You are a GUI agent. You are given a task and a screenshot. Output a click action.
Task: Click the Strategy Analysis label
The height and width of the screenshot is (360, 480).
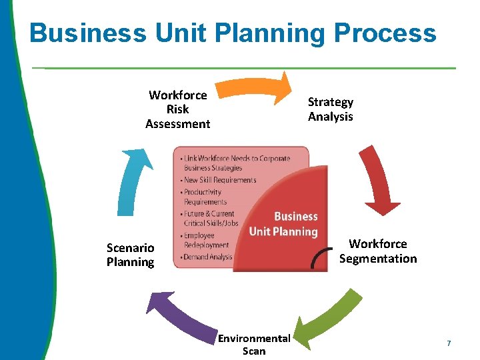[x=331, y=109]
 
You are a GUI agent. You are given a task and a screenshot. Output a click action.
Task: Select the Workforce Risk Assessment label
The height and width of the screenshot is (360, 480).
[x=178, y=109]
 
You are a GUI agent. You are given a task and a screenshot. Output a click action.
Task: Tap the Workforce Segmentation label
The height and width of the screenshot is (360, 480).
[x=378, y=251]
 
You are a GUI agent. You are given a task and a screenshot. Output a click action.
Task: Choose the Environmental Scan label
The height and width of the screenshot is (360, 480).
[x=254, y=345]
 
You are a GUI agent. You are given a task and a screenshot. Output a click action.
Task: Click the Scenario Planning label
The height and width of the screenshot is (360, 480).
[x=131, y=255]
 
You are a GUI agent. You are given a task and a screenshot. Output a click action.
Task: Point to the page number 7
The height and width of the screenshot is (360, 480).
[x=449, y=343]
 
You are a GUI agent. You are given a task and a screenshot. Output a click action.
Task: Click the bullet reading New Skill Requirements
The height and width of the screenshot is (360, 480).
[x=219, y=180]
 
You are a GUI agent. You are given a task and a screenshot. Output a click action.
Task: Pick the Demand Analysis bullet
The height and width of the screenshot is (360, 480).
[x=207, y=257]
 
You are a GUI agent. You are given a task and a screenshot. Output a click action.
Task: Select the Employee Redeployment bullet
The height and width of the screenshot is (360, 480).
[x=207, y=241]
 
